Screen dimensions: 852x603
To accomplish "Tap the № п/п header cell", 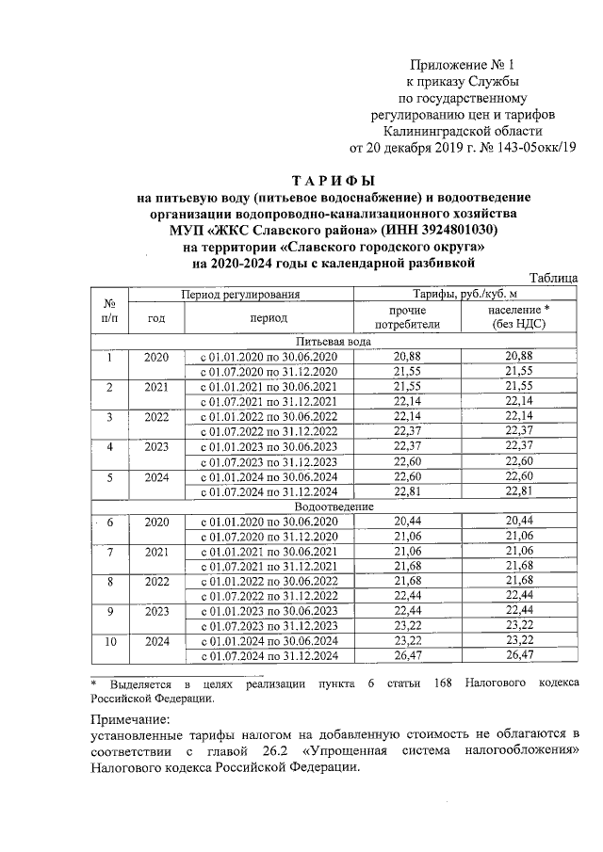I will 109,312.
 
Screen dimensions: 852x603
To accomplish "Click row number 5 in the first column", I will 109,477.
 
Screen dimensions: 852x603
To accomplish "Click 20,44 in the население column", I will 519,521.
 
